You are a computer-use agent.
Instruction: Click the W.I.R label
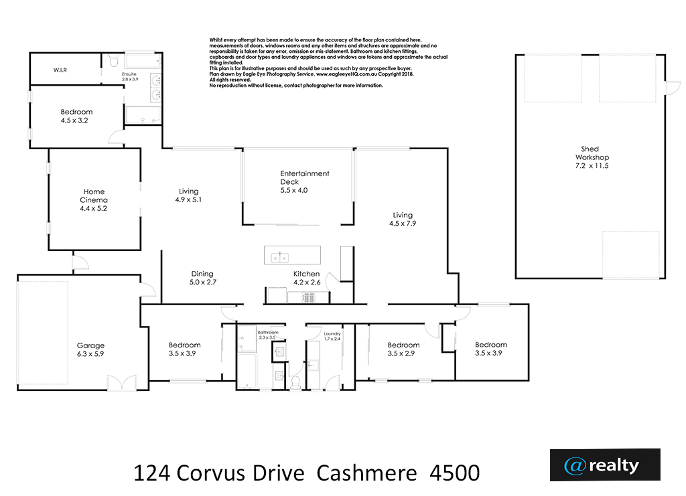pyautogui.click(x=60, y=70)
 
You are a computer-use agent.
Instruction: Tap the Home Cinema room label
pyautogui.click(x=94, y=195)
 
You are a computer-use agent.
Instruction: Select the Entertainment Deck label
pyautogui.click(x=305, y=177)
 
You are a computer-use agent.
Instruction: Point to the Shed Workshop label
pyautogui.click(x=592, y=153)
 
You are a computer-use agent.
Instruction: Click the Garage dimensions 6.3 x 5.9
pyautogui.click(x=90, y=354)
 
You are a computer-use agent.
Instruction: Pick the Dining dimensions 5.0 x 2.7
pyautogui.click(x=202, y=282)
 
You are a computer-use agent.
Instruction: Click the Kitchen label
pyautogui.click(x=306, y=274)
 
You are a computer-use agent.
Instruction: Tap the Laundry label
pyautogui.click(x=332, y=333)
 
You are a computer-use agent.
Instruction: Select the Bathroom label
pyautogui.click(x=268, y=332)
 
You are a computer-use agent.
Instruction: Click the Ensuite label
pyautogui.click(x=129, y=74)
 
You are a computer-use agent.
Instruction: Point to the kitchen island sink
pyautogui.click(x=279, y=258)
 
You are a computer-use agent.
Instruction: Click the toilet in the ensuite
pyautogui.click(x=114, y=60)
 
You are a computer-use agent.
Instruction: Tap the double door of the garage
pyautogui.click(x=122, y=384)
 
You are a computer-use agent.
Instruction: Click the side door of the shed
pyautogui.click(x=672, y=88)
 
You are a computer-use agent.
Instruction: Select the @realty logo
pyautogui.click(x=605, y=465)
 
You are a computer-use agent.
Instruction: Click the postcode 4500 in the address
pyautogui.click(x=455, y=473)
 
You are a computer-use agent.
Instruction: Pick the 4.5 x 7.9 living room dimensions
pyautogui.click(x=403, y=224)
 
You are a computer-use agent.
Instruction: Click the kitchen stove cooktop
pyautogui.click(x=308, y=298)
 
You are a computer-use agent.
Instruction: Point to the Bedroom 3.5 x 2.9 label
pyautogui.click(x=403, y=349)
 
